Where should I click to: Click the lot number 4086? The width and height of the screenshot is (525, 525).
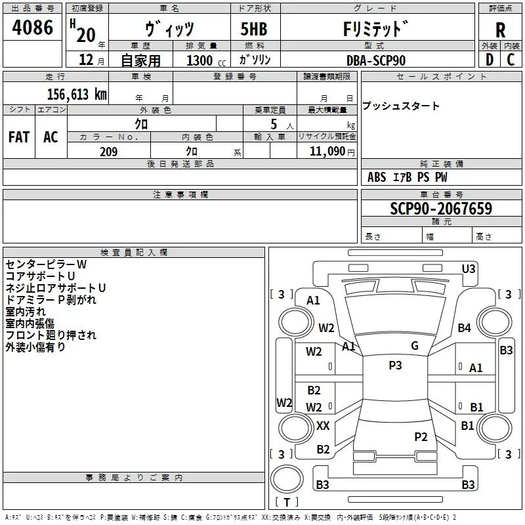(33, 28)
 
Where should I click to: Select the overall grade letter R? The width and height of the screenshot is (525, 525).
(500, 30)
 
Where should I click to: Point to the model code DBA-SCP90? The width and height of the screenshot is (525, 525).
(376, 60)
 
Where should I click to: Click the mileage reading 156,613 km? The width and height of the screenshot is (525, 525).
(77, 94)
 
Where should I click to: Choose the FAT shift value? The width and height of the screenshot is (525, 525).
(18, 137)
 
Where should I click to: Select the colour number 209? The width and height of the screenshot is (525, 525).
(108, 152)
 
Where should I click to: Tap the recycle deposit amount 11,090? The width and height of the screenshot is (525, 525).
(325, 152)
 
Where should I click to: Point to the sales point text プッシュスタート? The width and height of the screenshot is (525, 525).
(401, 106)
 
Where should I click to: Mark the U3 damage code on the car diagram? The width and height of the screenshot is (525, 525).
(468, 268)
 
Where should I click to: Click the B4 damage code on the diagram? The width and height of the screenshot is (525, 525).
(464, 327)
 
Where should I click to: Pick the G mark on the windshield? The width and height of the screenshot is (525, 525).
(414, 346)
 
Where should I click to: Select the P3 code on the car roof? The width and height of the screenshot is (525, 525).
(395, 366)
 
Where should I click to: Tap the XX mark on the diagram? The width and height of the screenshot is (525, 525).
(323, 426)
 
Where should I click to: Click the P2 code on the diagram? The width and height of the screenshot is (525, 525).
(421, 437)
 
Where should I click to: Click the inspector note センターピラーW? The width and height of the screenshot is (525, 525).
(46, 264)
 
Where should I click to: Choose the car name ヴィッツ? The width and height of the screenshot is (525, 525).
(169, 30)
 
